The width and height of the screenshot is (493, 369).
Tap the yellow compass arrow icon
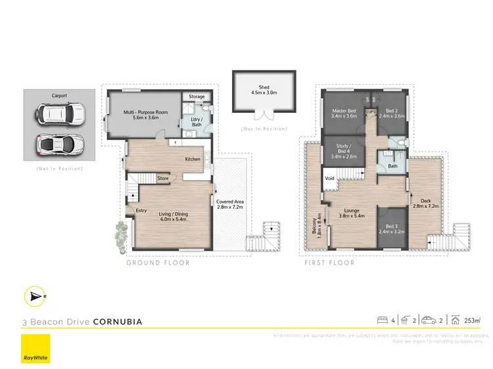(34, 296)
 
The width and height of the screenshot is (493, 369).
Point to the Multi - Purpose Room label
(143, 116)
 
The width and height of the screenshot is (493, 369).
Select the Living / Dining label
(173, 216)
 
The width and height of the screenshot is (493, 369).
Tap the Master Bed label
(344, 113)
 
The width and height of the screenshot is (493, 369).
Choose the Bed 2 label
(391, 113)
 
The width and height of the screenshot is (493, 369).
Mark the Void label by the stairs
(329, 178)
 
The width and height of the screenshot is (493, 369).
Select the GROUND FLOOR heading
(158, 263)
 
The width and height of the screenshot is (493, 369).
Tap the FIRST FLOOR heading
(329, 263)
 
